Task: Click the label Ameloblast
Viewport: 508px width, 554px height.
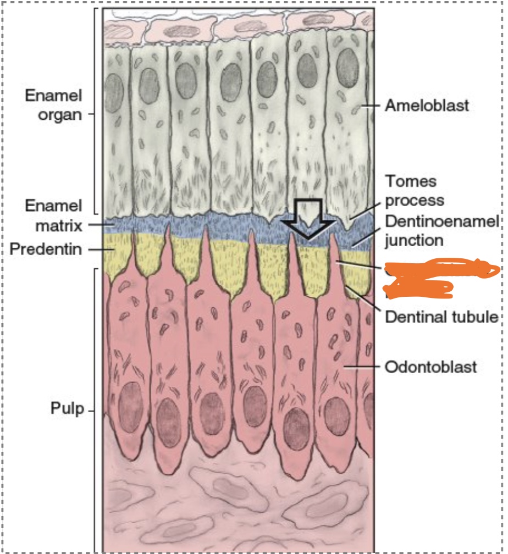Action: coord(427,105)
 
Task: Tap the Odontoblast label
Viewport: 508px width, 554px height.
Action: coord(430,366)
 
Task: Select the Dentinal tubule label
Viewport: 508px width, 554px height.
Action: coord(441,317)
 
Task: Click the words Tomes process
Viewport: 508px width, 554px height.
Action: coord(415,190)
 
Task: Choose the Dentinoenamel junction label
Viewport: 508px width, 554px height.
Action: coord(442,231)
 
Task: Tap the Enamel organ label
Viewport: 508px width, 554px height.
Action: coord(53,105)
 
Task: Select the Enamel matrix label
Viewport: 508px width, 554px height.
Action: coord(53,215)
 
